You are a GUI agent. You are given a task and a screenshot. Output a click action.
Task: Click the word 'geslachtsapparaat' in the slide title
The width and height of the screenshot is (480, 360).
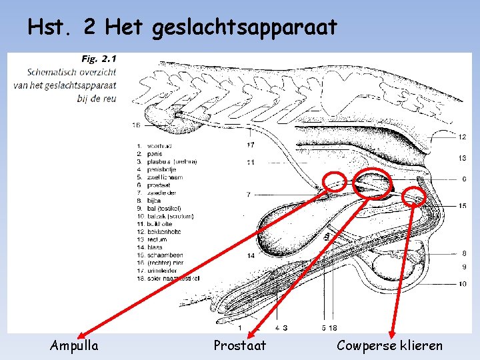245,29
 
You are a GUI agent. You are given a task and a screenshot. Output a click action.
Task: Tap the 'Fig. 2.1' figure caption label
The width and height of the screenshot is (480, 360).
97,59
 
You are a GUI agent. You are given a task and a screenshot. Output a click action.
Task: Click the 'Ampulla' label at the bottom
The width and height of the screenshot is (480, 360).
74,345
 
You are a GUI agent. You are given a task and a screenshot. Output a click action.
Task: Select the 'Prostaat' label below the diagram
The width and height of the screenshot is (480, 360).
239,345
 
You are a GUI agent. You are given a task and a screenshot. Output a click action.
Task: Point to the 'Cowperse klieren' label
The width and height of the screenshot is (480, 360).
389,345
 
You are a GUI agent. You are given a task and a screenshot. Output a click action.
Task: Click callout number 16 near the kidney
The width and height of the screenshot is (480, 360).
136,125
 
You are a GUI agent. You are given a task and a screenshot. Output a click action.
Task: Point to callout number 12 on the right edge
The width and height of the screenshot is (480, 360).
462,137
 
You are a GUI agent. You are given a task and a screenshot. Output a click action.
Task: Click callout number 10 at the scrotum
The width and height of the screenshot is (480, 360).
462,285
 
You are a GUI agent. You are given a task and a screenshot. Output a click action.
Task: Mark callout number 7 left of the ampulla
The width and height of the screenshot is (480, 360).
248,195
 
